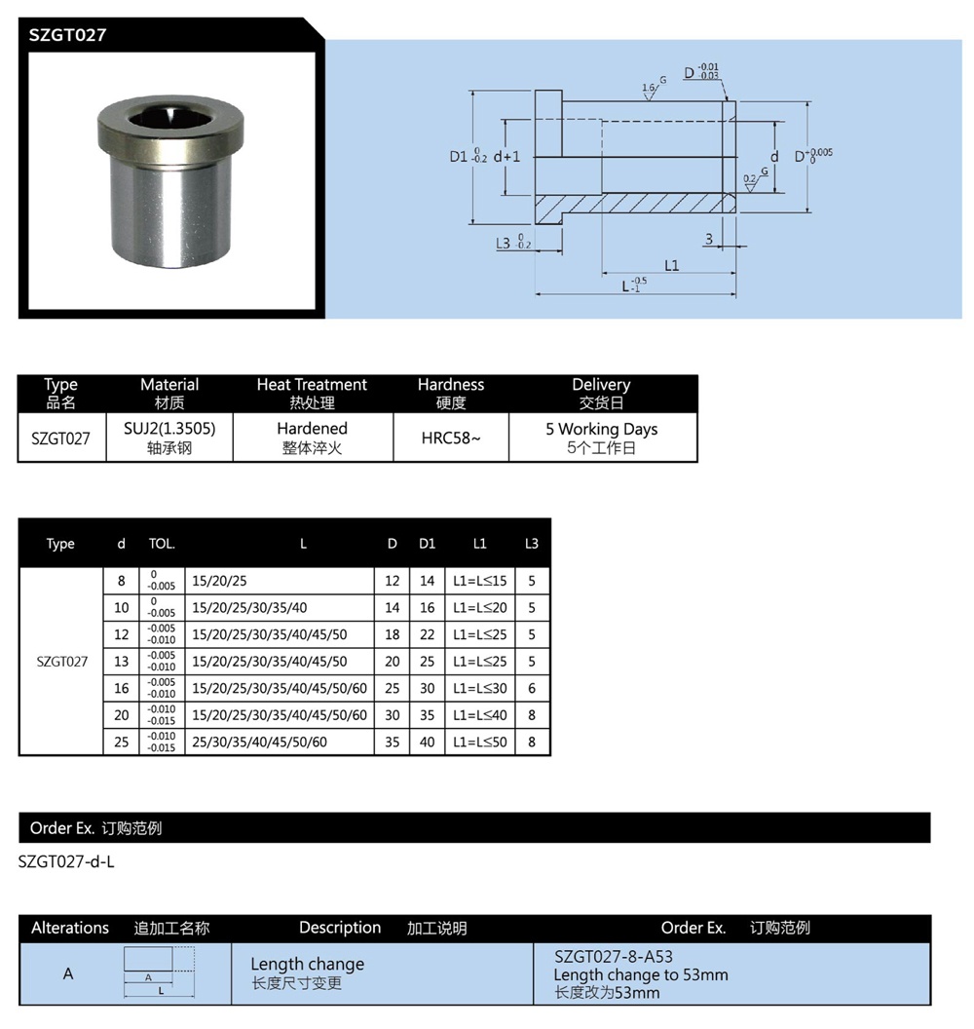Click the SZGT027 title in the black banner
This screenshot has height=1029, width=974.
tap(67, 35)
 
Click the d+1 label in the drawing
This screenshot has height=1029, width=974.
tap(506, 156)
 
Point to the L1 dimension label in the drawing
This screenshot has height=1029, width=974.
tap(671, 265)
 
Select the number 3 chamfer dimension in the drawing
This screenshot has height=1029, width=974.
tap(708, 238)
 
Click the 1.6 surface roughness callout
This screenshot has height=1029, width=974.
tap(649, 88)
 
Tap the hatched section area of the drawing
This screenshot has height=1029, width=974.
tap(633, 206)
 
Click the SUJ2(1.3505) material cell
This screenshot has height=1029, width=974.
tap(169, 428)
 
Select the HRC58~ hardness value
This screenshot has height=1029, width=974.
tap(451, 438)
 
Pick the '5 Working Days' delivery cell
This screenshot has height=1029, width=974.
tap(601, 429)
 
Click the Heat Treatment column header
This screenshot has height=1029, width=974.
tap(312, 385)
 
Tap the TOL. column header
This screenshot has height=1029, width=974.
tap(162, 544)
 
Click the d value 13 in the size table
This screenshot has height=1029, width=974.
tap(122, 662)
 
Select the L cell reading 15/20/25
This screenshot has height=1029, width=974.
tap(220, 581)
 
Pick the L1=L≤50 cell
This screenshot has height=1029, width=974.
tap(479, 742)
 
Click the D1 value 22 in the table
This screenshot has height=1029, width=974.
tap(427, 634)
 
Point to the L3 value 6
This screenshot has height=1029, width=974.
tap(531, 688)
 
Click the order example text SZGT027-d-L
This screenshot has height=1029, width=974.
tap(66, 862)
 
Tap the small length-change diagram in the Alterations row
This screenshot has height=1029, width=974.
tap(159, 972)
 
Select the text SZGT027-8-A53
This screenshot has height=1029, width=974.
tap(613, 957)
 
